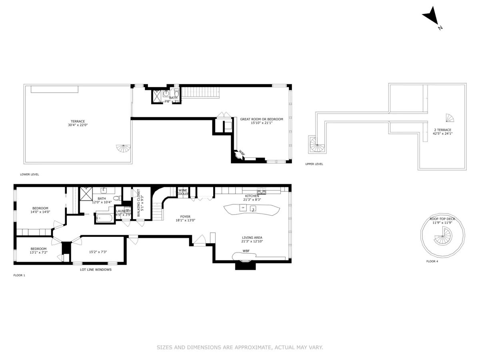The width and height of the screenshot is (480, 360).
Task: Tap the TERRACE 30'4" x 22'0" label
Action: (78, 123)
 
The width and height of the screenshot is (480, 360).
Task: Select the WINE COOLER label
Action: (183, 192)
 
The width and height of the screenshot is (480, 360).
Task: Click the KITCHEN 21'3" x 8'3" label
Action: (252, 198)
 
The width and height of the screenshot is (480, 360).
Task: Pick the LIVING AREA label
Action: (252, 239)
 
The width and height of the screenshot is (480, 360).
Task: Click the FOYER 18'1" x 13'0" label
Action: (185, 218)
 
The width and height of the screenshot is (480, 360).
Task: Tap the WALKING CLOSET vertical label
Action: (140, 203)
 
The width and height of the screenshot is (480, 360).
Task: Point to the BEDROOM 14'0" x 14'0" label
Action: (40, 210)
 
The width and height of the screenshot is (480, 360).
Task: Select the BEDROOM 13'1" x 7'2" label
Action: (38, 250)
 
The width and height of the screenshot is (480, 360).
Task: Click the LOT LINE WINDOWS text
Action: (96, 270)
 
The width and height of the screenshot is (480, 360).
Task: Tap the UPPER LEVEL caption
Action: (314, 164)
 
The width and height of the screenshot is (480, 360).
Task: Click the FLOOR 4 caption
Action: (432, 261)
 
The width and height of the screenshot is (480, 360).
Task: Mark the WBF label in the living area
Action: (246, 251)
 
